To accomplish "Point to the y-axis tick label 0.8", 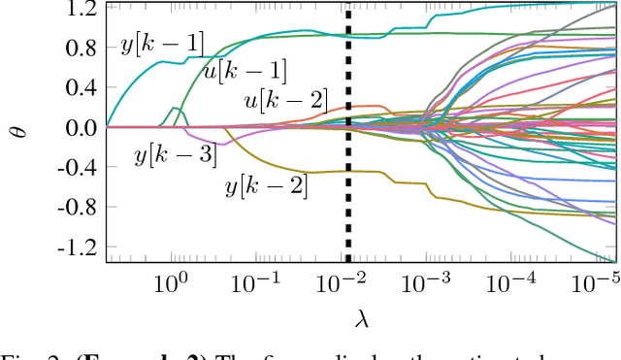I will [x=81, y=48].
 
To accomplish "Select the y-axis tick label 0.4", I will [x=81, y=87].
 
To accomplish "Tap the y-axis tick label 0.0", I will [x=81, y=127].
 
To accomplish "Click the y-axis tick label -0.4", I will [x=77, y=168].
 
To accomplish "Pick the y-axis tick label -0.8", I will [x=77, y=208].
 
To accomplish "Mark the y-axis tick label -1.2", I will [x=77, y=247].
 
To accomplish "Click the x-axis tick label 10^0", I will [x=170, y=285].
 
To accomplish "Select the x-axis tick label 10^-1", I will [x=256, y=285].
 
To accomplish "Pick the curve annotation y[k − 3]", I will [x=176, y=154].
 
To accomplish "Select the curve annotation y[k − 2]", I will [x=266, y=186].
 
